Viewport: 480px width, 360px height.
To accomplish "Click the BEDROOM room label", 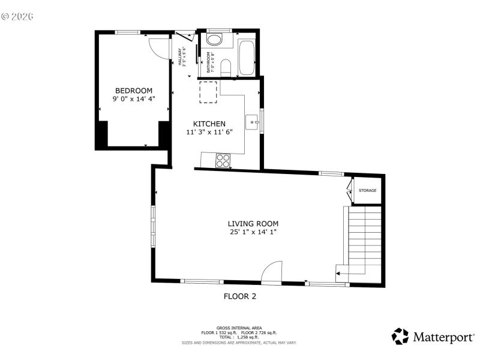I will (133, 91).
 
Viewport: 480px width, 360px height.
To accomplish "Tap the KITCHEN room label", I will (209, 124).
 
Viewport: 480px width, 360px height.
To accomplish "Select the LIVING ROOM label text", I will (253, 224).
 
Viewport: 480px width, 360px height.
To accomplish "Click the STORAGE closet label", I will (367, 191).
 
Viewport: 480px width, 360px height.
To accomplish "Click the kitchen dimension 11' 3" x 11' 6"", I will (209, 131).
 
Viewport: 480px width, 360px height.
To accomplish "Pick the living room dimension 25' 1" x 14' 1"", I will (253, 232).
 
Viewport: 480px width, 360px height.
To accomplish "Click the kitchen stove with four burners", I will (223, 160).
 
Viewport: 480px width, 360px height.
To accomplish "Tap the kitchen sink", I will (253, 122).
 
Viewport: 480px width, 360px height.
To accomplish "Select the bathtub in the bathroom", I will (247, 58).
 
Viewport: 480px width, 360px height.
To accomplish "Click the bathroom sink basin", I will (214, 40).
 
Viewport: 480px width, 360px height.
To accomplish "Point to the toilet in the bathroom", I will (226, 67).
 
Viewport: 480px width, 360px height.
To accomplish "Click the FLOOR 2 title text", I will (240, 296).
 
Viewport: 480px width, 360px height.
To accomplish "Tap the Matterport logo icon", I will (400, 336).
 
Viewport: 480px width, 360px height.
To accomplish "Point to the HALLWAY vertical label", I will (179, 58).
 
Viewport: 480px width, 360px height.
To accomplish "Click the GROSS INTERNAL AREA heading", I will (239, 328).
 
